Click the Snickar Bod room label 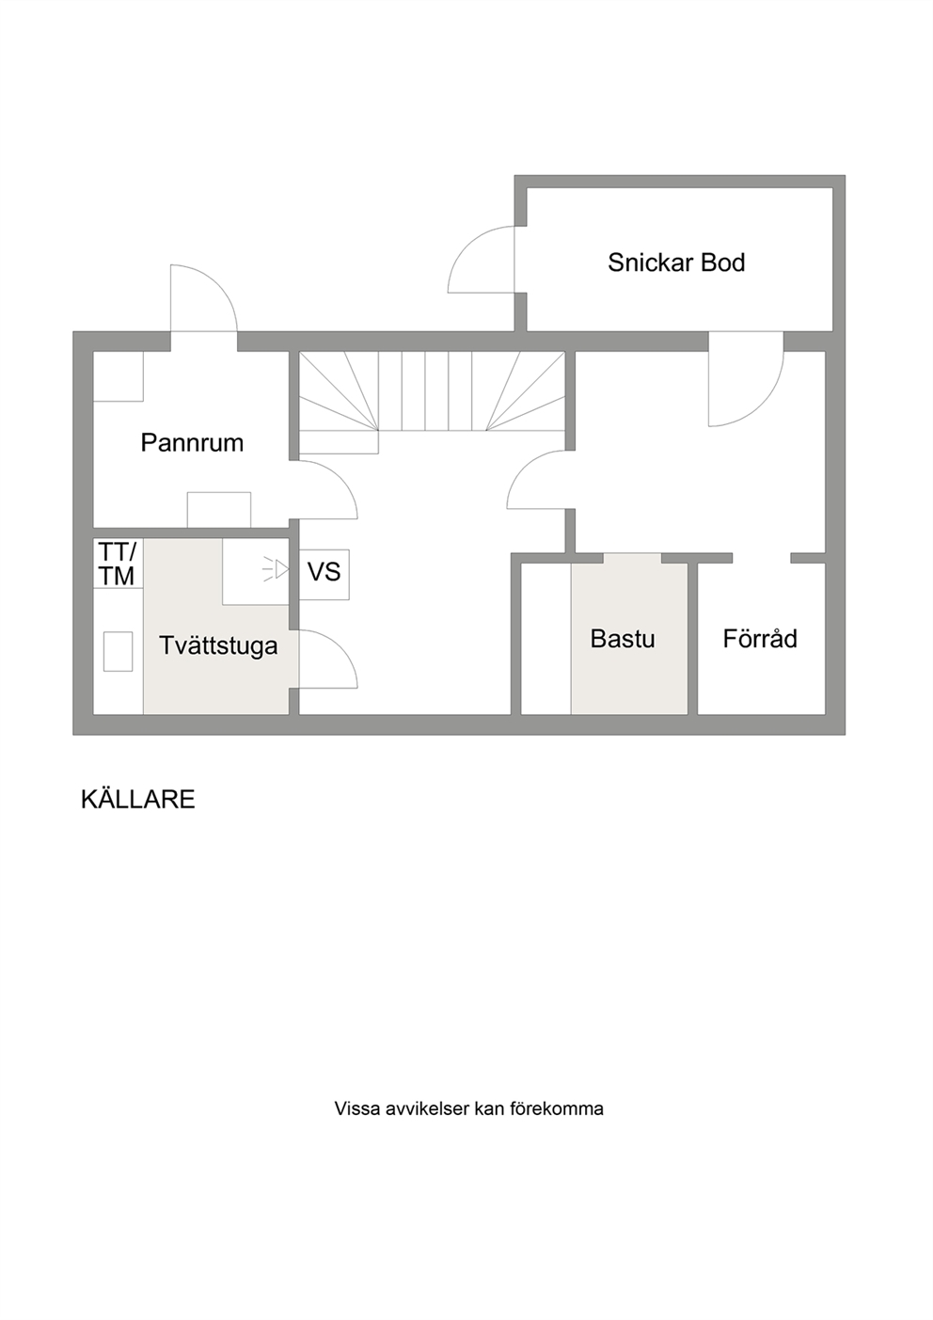click(x=676, y=262)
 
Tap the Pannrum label click(x=192, y=442)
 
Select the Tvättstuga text click(x=218, y=645)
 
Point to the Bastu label click(x=623, y=639)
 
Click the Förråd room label click(x=760, y=639)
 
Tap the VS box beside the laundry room click(x=324, y=575)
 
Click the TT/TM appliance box click(x=118, y=564)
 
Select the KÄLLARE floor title click(x=138, y=800)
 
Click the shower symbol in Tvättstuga click(x=277, y=570)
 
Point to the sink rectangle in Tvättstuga click(x=118, y=651)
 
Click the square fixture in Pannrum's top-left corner click(x=119, y=376)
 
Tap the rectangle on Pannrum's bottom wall click(x=219, y=510)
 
